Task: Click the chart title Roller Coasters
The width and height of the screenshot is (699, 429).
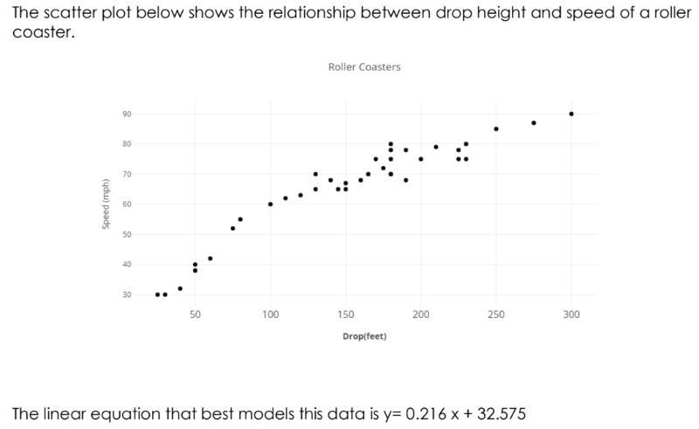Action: pos(364,67)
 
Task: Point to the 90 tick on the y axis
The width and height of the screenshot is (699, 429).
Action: pos(127,114)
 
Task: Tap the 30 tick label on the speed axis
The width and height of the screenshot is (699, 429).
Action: pos(127,294)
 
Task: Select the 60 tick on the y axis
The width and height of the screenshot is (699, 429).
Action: pos(127,204)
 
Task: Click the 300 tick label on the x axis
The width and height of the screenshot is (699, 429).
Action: pos(571,315)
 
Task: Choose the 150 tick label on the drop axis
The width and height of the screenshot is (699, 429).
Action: pos(345,315)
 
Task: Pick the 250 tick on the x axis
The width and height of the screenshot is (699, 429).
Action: pos(496,315)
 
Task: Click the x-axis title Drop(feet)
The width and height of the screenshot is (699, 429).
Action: pos(364,336)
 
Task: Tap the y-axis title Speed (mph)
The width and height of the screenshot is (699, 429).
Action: pos(106,204)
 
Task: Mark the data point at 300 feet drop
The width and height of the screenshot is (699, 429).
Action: pos(571,114)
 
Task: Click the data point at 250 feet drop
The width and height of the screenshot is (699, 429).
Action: pos(496,128)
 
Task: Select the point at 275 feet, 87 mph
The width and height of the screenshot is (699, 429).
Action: pos(534,123)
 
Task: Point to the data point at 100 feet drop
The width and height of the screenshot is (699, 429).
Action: pos(271,204)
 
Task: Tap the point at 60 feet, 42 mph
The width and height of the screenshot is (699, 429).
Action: pos(211,259)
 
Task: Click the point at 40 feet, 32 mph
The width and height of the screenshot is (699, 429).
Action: pos(180,288)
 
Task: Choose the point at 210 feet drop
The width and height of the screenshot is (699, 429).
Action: pos(436,147)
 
